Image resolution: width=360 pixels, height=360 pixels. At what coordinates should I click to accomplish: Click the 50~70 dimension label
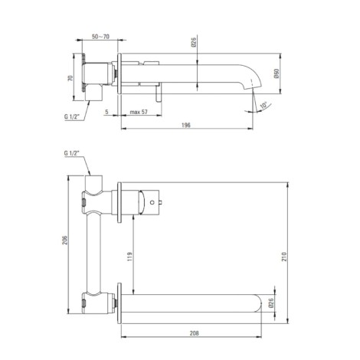tap(100, 37)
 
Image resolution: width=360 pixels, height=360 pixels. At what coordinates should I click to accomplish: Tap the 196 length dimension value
tap(186, 125)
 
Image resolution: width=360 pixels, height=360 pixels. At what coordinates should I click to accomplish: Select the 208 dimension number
tap(194, 333)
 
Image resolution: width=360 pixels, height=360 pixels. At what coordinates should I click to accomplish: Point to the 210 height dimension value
tap(284, 257)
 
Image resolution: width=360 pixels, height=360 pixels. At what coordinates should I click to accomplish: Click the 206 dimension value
tap(65, 240)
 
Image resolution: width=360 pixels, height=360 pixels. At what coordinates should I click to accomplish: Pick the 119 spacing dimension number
tap(129, 257)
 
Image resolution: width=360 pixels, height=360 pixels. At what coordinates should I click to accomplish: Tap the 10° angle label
tap(263, 105)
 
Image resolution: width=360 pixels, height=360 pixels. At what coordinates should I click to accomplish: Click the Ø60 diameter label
tap(277, 74)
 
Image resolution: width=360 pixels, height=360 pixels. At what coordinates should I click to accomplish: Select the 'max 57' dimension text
tap(139, 112)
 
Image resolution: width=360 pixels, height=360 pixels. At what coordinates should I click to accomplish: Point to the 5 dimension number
tap(106, 112)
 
